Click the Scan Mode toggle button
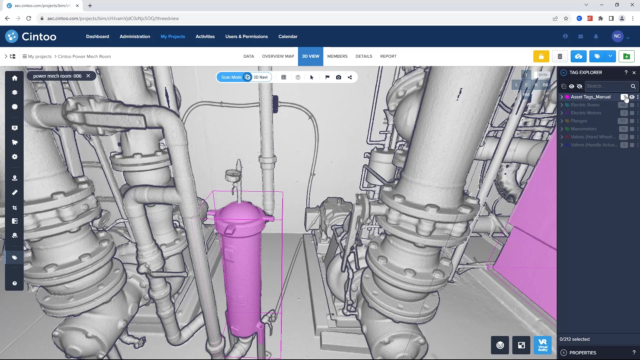(x=231, y=77)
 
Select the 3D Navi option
(x=260, y=77)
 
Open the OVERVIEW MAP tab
(x=278, y=56)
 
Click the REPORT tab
(x=388, y=56)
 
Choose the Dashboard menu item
(x=97, y=37)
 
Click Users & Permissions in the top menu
(x=246, y=37)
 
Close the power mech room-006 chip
(x=88, y=76)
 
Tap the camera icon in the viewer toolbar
(x=339, y=77)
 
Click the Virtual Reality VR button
(x=543, y=345)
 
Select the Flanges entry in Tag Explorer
(x=579, y=121)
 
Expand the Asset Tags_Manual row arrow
(x=562, y=97)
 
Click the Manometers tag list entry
(x=583, y=129)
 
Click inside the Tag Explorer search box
(x=607, y=86)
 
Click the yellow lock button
(x=541, y=56)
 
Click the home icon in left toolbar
(x=15, y=78)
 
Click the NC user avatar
(x=617, y=36)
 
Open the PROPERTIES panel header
(x=583, y=353)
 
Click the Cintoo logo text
(x=39, y=37)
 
